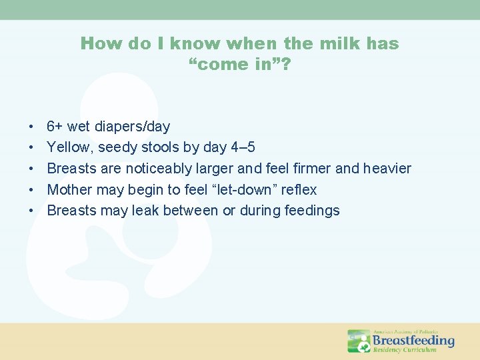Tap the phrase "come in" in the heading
[x=239, y=65]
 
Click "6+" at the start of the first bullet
[x=55, y=127]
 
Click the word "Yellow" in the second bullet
[x=70, y=147]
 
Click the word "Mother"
[x=70, y=190]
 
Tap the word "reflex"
[x=299, y=190]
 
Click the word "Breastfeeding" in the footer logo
[x=413, y=341]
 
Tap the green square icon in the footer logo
[x=359, y=341]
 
